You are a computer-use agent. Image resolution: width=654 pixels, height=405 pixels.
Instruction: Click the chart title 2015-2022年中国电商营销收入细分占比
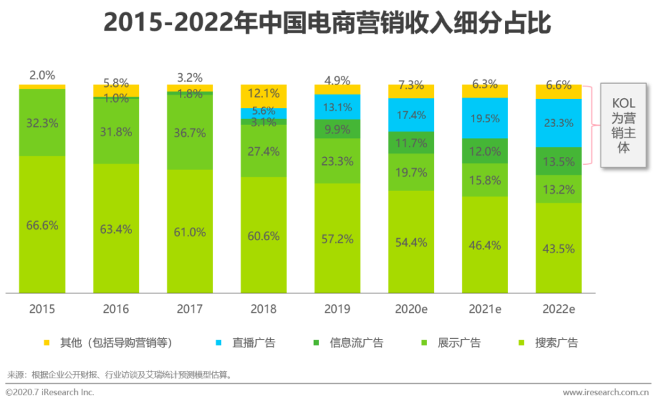tap(327, 24)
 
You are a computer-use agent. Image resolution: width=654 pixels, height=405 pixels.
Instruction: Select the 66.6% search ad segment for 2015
tap(42, 224)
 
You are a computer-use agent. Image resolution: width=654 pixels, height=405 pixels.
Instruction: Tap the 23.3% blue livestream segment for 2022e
tap(559, 122)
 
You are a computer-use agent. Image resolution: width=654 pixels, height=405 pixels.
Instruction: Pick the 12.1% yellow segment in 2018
tap(264, 96)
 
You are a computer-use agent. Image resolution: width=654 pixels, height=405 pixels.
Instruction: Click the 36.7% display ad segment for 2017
tap(190, 132)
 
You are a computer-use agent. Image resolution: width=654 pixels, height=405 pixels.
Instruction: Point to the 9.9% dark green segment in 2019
tap(337, 129)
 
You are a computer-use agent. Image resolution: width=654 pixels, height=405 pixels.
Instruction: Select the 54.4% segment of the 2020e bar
tap(411, 241)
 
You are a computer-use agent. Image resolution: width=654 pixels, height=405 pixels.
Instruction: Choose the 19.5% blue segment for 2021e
tap(485, 118)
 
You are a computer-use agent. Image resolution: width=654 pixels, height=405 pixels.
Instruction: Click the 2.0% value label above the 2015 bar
tap(42, 75)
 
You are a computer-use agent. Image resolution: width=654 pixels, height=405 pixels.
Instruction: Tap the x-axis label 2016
tap(116, 309)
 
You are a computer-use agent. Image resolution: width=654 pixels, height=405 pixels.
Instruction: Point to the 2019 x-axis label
tap(337, 309)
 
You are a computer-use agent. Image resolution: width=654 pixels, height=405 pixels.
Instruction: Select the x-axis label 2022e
tap(559, 309)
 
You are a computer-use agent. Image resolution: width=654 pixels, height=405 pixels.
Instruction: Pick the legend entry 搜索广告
tap(556, 342)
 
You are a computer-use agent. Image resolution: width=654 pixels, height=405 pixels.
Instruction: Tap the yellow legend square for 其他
tap(46, 342)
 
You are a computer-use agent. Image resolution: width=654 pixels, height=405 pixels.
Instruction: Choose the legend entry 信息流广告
tap(356, 342)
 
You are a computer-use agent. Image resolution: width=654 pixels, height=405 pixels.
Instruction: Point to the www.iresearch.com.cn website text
tap(606, 393)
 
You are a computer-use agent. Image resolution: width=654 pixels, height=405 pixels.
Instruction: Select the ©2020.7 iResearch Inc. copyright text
tap(50, 393)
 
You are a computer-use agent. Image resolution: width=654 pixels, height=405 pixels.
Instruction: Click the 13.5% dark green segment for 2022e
tap(559, 161)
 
